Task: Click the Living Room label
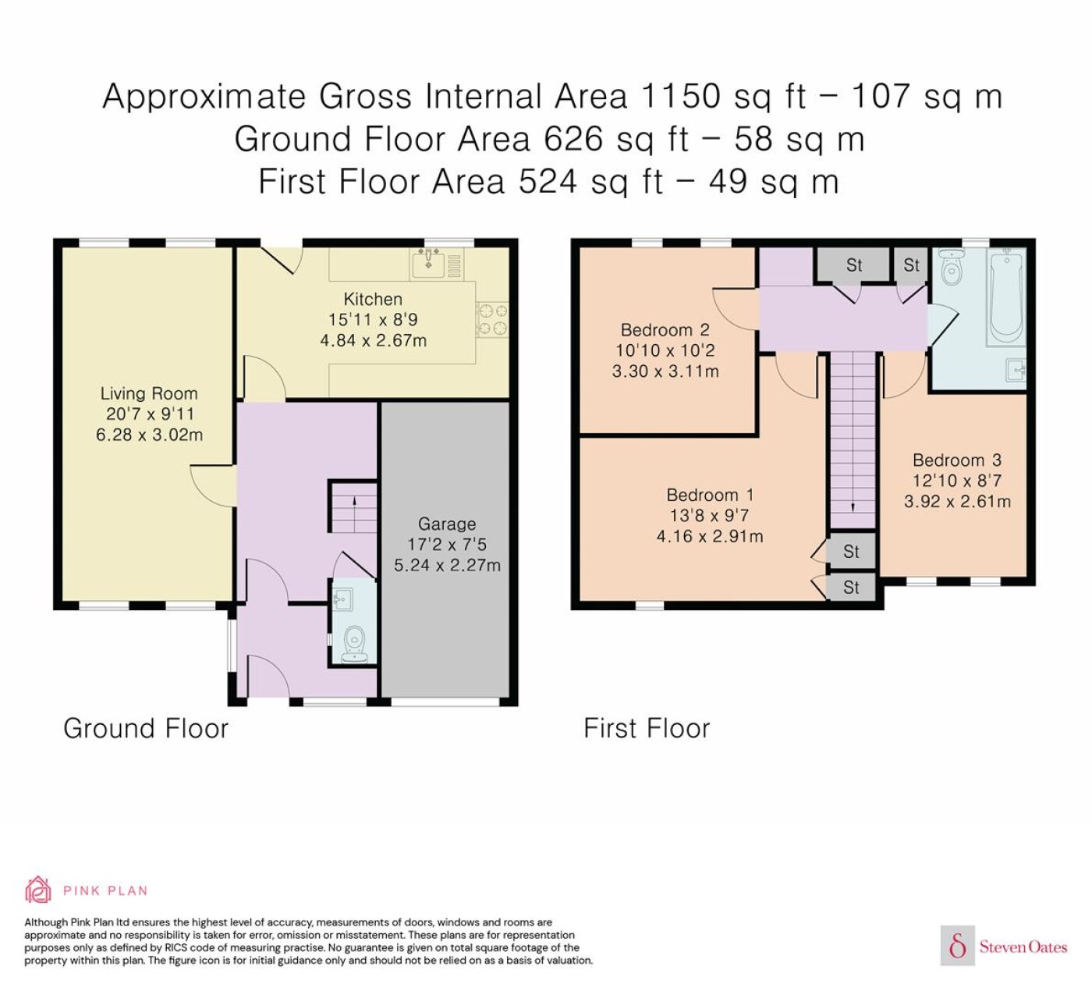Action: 149,393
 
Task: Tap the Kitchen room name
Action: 373,299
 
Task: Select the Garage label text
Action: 447,524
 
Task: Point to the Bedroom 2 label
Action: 665,329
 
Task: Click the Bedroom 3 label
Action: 957,460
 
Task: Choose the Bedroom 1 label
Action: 710,495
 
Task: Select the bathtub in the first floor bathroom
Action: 1006,297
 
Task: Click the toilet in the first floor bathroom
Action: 952,268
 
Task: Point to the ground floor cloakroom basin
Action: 342,599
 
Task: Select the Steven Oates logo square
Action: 958,946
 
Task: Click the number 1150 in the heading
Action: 682,96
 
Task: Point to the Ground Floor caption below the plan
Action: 146,728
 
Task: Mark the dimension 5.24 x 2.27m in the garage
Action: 447,565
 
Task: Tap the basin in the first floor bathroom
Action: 1016,370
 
